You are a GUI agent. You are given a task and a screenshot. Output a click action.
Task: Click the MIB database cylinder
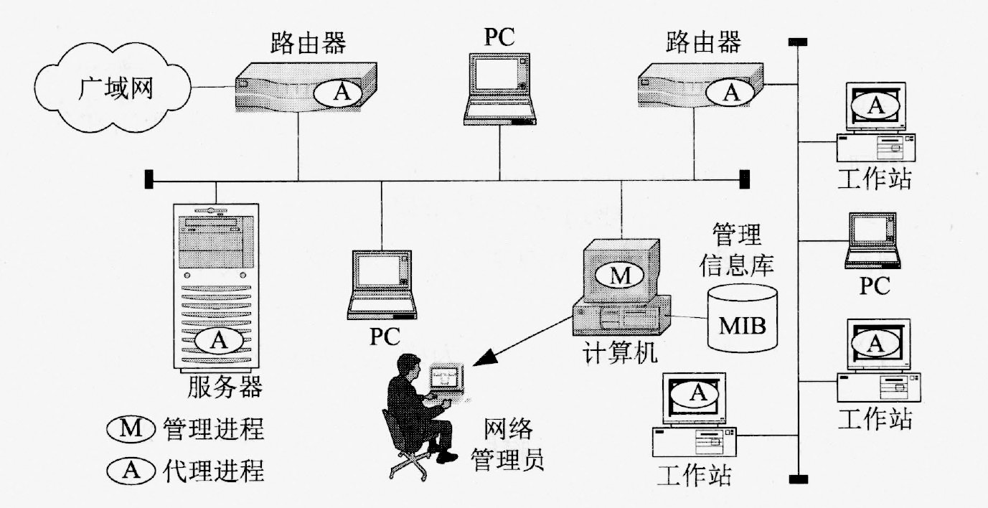click(742, 317)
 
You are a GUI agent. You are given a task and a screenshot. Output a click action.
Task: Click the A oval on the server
click(219, 341)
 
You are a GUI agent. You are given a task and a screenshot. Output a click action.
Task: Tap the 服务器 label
click(225, 387)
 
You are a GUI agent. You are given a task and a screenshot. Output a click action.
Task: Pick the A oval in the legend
click(131, 471)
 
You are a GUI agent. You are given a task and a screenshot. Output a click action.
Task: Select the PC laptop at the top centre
click(500, 90)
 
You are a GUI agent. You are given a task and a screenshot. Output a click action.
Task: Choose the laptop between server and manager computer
click(382, 285)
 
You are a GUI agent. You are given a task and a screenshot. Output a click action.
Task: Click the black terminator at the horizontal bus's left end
click(149, 179)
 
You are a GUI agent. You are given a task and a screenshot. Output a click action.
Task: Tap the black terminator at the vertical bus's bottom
click(794, 479)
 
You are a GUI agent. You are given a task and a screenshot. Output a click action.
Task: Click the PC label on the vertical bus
click(875, 286)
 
